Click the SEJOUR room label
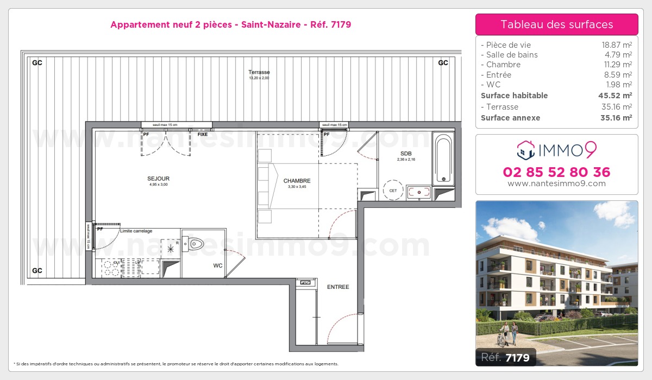point(159,179)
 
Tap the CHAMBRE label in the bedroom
point(297,181)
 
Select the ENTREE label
point(337,287)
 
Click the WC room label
point(218,265)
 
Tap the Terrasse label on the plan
point(259,72)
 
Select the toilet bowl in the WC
point(193,244)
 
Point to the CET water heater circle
point(392,191)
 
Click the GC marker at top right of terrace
point(443,62)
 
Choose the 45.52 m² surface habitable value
point(618,96)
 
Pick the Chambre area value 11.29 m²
point(619,65)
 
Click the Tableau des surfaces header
point(556,24)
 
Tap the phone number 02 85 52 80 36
point(556,172)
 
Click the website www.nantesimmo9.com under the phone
point(556,183)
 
